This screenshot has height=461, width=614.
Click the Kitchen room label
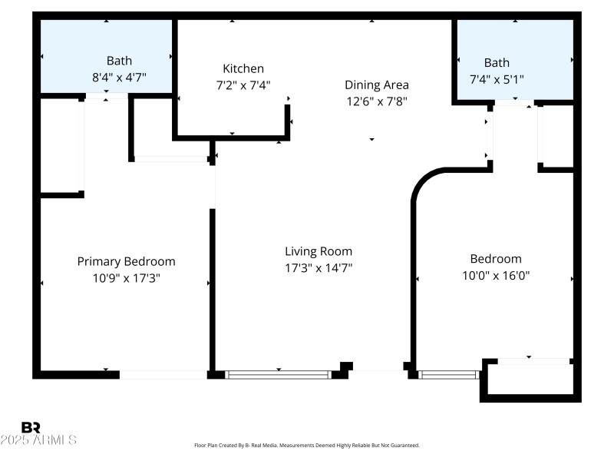[243, 68]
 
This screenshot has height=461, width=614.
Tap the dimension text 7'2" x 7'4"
[243, 85]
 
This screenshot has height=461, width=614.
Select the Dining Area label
[376, 85]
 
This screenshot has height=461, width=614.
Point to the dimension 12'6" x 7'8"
[376, 101]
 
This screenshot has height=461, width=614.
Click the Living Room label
[319, 251]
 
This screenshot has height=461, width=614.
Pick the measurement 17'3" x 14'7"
[319, 268]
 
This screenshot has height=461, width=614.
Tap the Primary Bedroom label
[126, 261]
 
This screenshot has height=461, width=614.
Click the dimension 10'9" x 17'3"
[126, 278]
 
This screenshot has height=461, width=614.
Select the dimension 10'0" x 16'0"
[496, 276]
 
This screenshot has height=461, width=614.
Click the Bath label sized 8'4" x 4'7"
[119, 61]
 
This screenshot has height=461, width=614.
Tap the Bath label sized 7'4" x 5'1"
[497, 62]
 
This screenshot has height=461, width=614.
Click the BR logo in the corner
[31, 427]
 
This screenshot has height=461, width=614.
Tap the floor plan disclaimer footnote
[307, 445]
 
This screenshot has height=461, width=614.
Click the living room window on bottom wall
[278, 375]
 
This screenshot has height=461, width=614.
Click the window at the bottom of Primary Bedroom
[163, 375]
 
